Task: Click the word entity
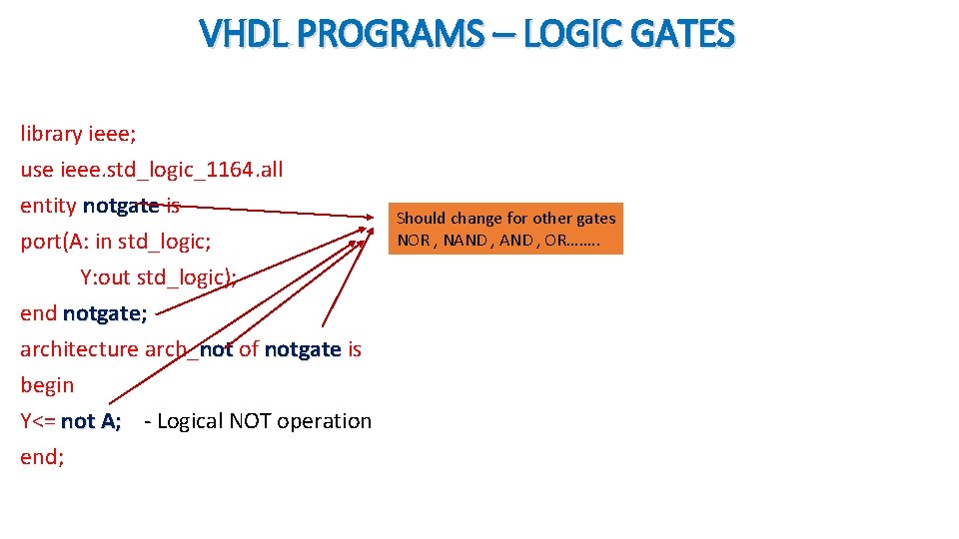point(48,206)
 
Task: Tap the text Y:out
point(105,277)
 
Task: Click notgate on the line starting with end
point(105,313)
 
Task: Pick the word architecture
point(79,349)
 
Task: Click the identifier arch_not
point(189,349)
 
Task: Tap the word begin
point(47,385)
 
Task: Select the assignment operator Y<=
point(38,421)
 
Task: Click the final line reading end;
point(42,457)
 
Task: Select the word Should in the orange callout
point(421,218)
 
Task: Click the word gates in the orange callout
point(595,218)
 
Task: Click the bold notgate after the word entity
point(121,206)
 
